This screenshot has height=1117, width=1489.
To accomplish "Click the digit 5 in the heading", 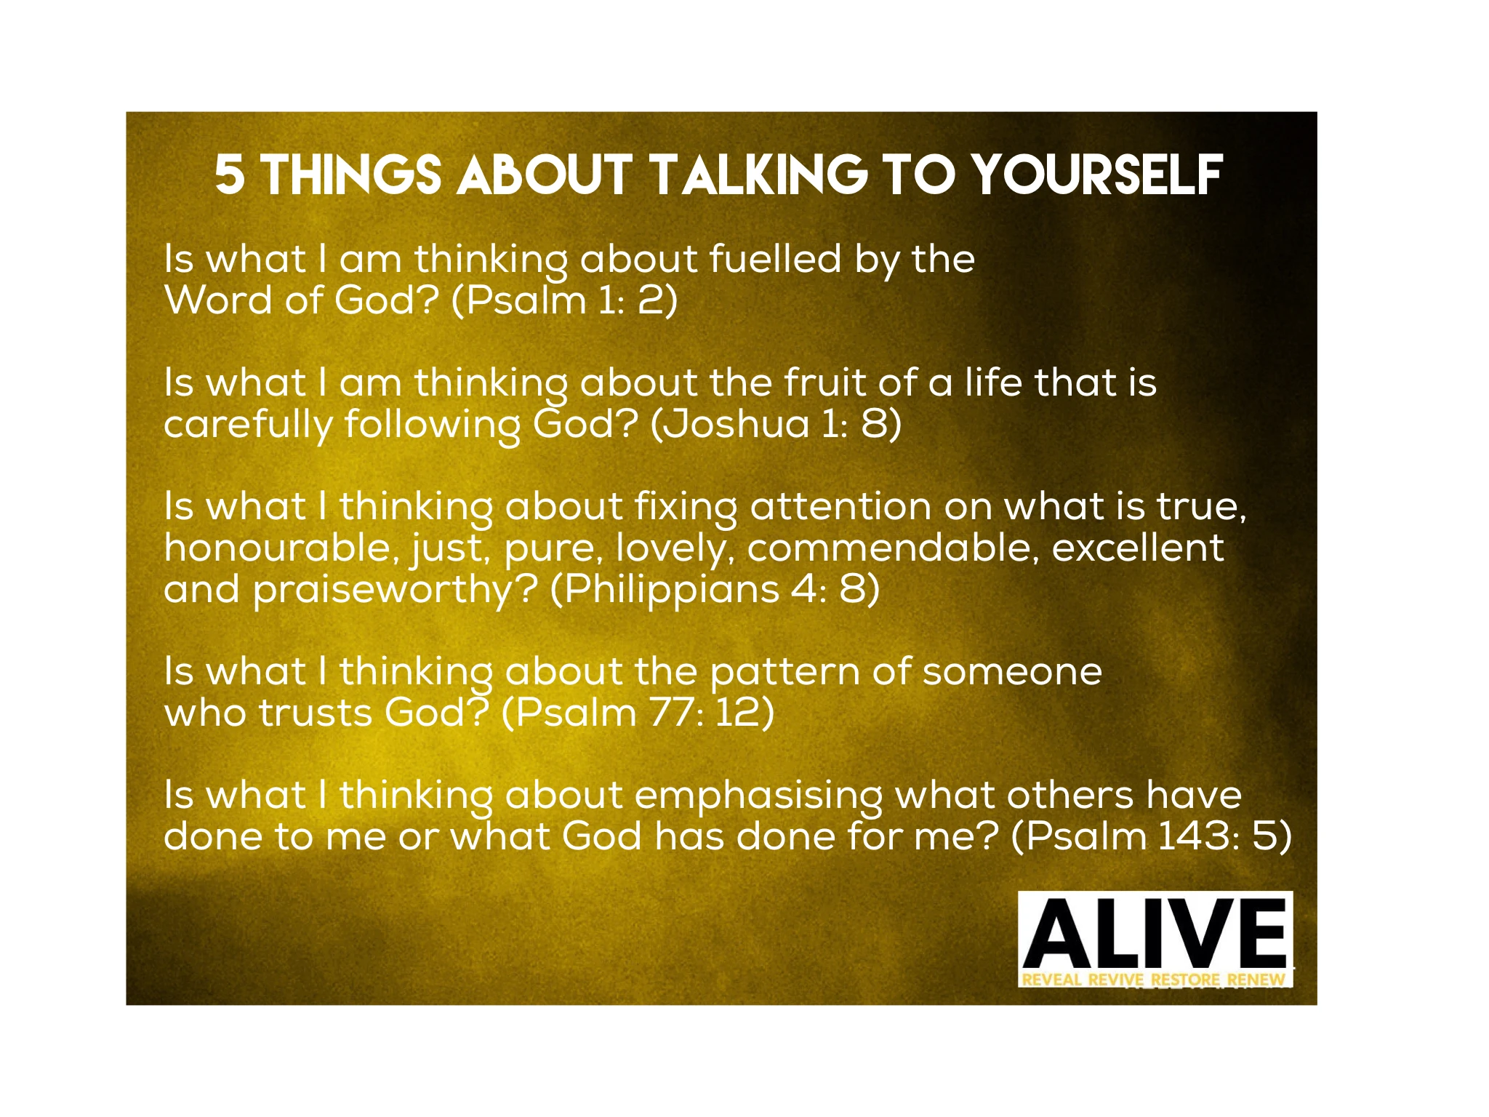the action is (x=229, y=175).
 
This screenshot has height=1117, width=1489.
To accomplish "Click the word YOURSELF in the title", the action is (x=1097, y=175).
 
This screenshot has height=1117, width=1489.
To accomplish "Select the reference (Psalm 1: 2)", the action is (x=564, y=300).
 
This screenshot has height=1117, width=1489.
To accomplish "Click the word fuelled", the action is (x=775, y=258).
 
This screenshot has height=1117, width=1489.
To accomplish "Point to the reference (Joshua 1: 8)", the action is (x=776, y=423).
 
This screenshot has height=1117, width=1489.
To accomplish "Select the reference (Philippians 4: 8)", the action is (x=715, y=589).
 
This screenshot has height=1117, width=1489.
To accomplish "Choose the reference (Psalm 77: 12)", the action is (x=638, y=712).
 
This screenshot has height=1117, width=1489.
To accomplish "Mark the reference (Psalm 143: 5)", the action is (x=1152, y=836).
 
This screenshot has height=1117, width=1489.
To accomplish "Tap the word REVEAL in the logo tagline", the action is (x=1052, y=979).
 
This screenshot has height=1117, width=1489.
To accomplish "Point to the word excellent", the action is (x=1138, y=548).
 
